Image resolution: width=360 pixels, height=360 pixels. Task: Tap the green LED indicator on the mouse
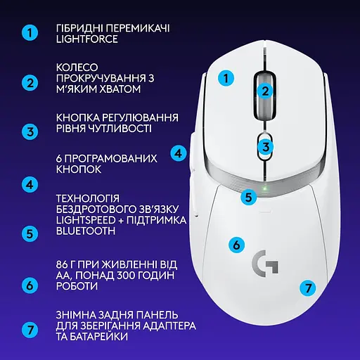pos(263,187)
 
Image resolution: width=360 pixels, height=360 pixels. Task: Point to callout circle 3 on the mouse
pos(264,147)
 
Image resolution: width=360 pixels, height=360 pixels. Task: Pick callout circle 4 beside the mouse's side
pos(179,152)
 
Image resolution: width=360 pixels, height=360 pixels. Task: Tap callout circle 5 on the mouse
pos(247,198)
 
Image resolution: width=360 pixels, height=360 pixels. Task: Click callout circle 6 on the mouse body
pos(237,245)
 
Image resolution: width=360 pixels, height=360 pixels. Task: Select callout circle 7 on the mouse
pos(306,288)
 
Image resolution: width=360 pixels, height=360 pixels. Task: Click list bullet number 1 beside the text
pos(29,33)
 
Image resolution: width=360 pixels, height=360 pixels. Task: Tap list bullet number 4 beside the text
pos(29,186)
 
